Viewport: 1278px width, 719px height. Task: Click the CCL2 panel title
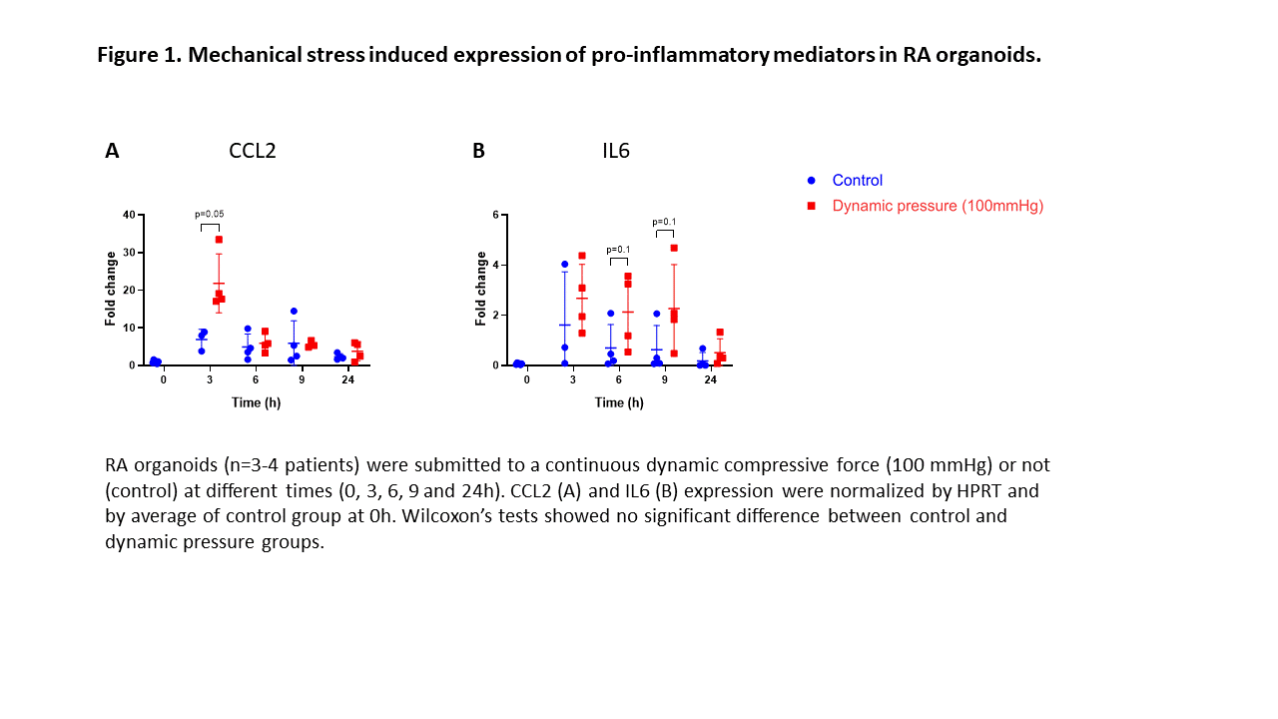pos(252,151)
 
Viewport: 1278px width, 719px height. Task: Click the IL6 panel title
pos(615,151)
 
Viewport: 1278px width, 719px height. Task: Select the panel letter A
pos(112,151)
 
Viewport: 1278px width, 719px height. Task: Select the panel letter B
pos(478,151)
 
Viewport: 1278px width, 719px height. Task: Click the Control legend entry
pos(857,181)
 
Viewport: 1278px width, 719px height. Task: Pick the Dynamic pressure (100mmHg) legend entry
pos(937,206)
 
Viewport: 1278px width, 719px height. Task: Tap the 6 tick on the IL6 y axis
pos(496,215)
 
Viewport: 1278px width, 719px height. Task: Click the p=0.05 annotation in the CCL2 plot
pos(210,214)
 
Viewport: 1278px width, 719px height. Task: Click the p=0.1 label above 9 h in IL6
pos(665,222)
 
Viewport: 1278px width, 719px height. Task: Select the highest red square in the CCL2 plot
pos(219,240)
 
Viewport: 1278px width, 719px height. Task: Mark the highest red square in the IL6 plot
pos(674,248)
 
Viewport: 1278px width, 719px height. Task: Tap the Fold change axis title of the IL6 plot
pos(481,290)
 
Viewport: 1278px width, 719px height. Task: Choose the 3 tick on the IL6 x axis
pos(573,380)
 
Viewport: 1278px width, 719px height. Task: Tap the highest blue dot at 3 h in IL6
pos(564,265)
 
